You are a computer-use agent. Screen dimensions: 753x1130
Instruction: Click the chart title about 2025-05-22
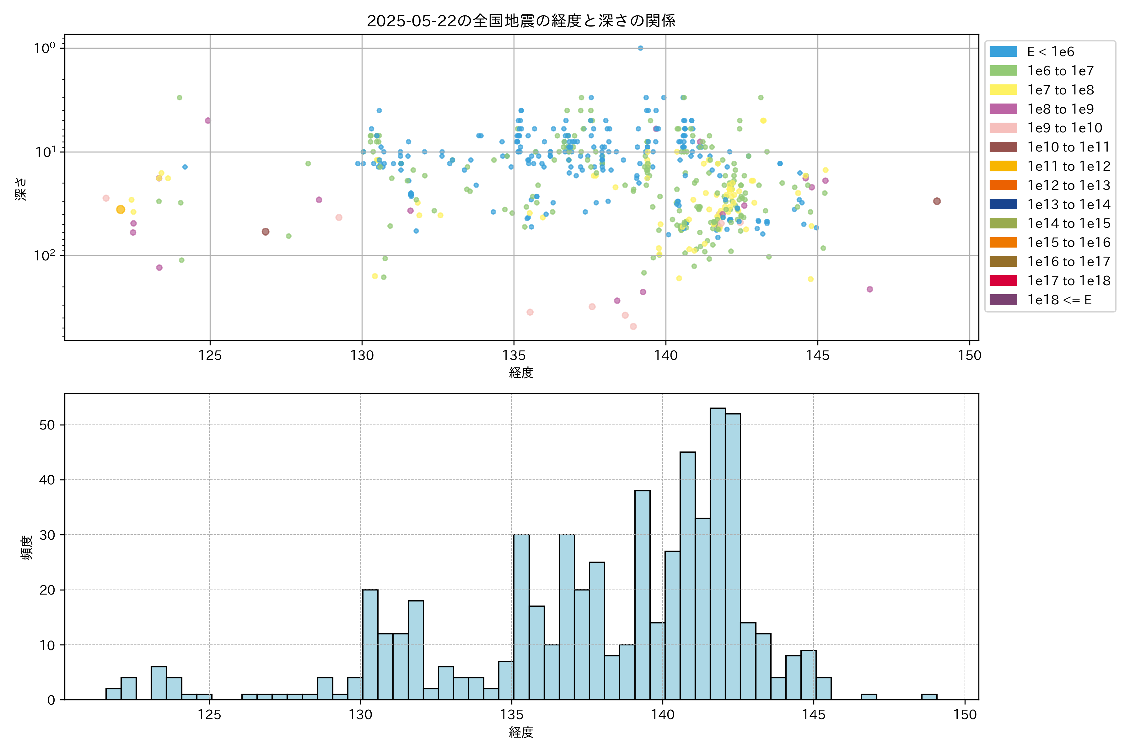521,21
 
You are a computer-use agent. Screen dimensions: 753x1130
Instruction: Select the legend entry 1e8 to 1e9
1060,109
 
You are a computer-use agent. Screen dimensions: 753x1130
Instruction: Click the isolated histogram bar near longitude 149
929,697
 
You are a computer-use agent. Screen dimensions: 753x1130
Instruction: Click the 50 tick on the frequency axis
47,425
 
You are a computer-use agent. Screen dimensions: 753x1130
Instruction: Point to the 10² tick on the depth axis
44,255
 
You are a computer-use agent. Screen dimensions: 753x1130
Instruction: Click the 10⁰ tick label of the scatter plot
44,48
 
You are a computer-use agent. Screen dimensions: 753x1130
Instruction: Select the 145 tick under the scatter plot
818,355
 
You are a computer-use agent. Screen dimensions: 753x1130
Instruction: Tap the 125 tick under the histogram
209,715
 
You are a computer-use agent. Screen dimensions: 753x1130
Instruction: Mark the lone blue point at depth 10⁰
640,48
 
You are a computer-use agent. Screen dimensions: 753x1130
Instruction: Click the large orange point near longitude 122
121,209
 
